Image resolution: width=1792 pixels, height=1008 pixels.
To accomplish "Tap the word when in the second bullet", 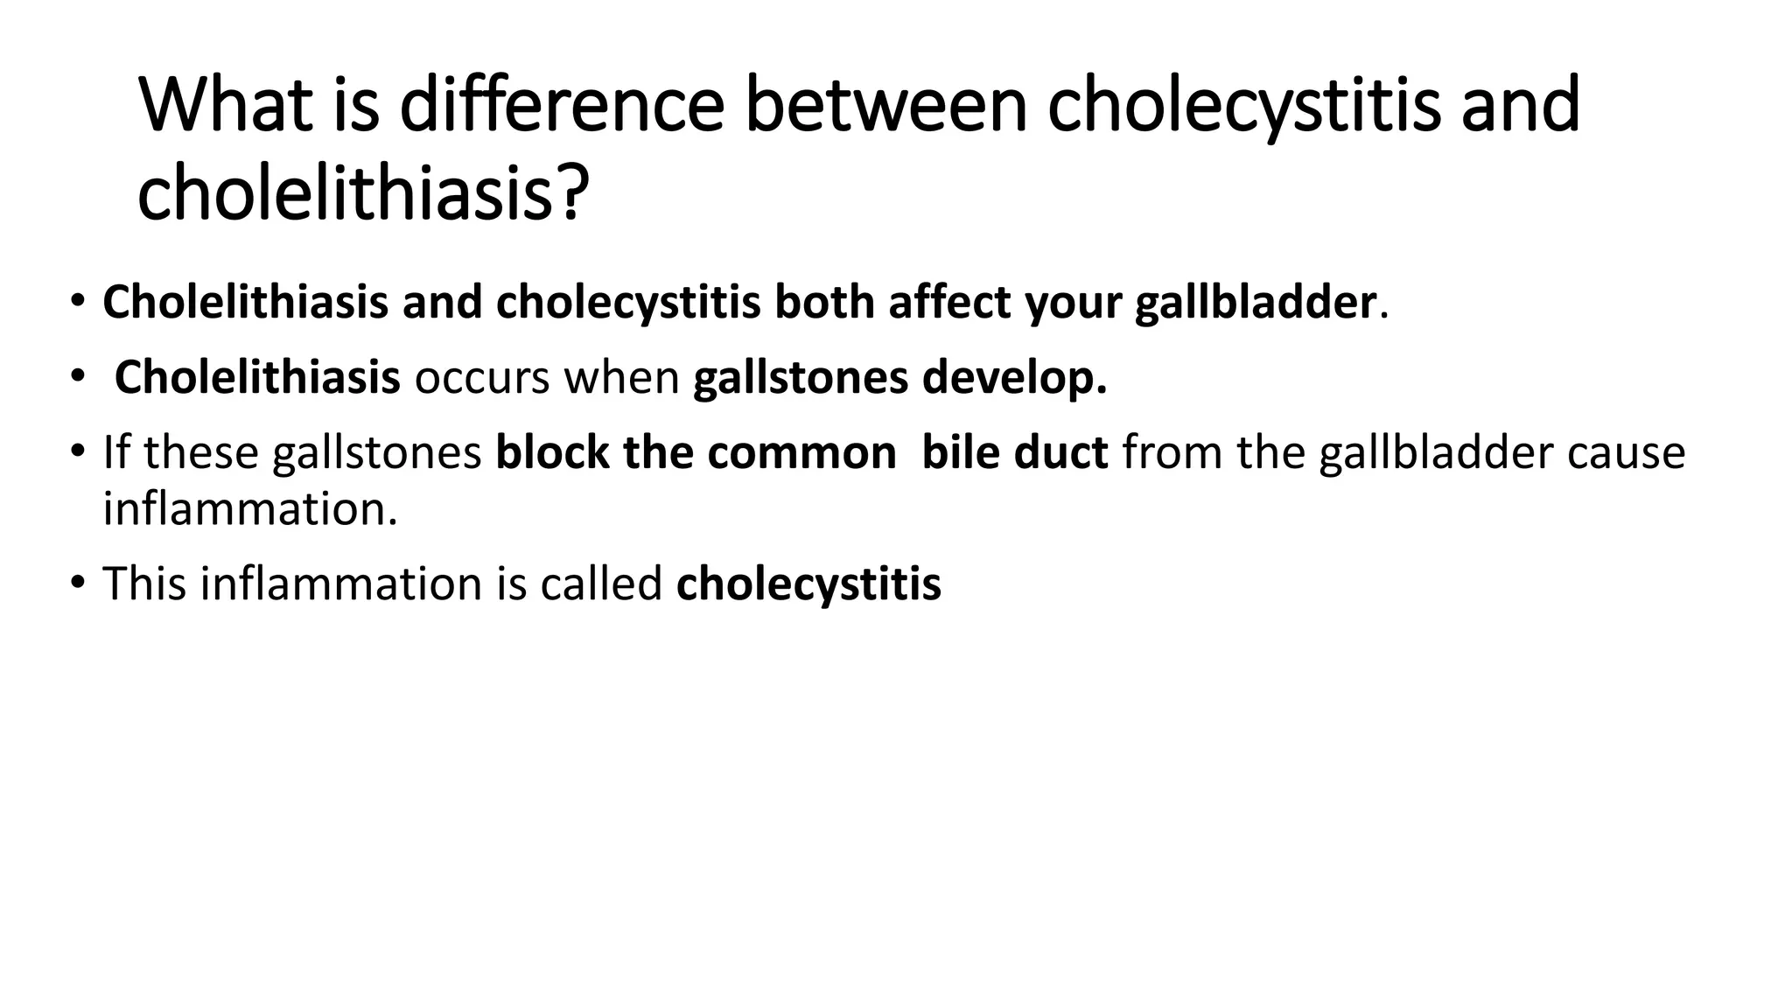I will [621, 378].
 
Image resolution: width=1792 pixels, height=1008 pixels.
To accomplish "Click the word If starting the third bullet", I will [116, 453].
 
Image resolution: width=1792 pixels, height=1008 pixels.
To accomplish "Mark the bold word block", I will [552, 453].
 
